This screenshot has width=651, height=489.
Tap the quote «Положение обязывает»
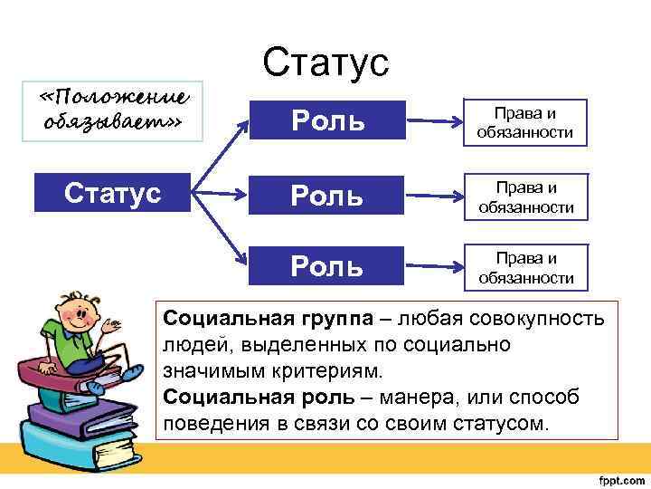(x=116, y=109)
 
